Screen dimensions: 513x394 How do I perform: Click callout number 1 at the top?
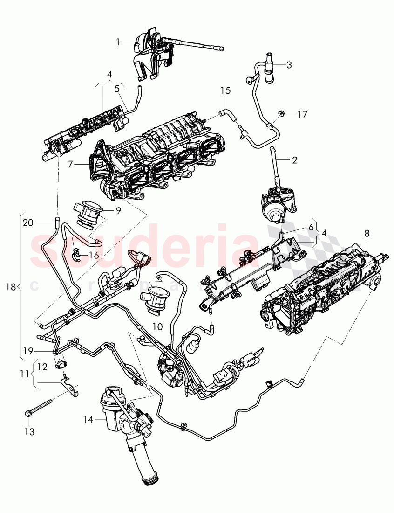(118, 42)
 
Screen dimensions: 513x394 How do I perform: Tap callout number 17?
(302, 114)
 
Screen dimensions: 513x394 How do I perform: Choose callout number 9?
(118, 211)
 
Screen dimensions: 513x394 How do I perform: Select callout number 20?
(28, 222)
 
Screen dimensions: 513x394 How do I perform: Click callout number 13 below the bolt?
(29, 432)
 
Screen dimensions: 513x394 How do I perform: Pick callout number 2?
(294, 160)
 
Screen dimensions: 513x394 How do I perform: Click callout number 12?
(42, 367)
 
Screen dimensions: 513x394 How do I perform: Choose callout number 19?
(29, 349)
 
